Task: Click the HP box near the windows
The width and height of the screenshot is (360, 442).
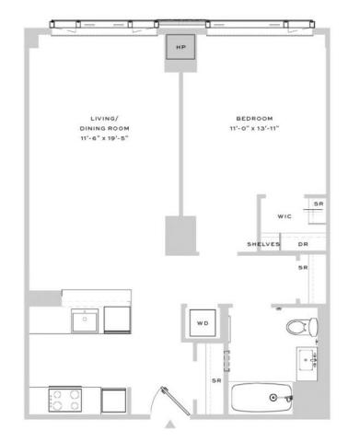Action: click(180, 47)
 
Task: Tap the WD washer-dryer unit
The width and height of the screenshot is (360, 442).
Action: click(203, 323)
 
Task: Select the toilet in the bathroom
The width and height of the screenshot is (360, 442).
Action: click(302, 327)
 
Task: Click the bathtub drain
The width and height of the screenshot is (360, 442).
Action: click(273, 398)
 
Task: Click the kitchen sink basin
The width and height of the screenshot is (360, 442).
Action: click(85, 320)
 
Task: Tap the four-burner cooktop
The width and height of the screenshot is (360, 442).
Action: click(65, 400)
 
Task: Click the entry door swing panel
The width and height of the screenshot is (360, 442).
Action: click(176, 401)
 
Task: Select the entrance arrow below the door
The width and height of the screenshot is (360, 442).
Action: click(170, 425)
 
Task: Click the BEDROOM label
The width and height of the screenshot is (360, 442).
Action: click(254, 119)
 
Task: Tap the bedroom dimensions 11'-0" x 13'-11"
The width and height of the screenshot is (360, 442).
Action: click(254, 128)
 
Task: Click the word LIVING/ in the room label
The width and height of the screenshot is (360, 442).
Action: click(104, 119)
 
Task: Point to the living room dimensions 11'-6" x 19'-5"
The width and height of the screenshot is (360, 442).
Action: click(104, 138)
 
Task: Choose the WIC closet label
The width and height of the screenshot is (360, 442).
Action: click(285, 216)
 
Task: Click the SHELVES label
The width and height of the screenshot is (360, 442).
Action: click(263, 244)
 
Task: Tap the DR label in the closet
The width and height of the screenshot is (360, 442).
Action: click(303, 244)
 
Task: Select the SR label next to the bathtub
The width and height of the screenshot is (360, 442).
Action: click(216, 380)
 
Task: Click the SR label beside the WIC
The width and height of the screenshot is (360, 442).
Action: click(319, 204)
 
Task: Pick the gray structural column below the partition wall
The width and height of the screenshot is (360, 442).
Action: click(180, 236)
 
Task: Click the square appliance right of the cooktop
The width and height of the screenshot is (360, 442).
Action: click(113, 401)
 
